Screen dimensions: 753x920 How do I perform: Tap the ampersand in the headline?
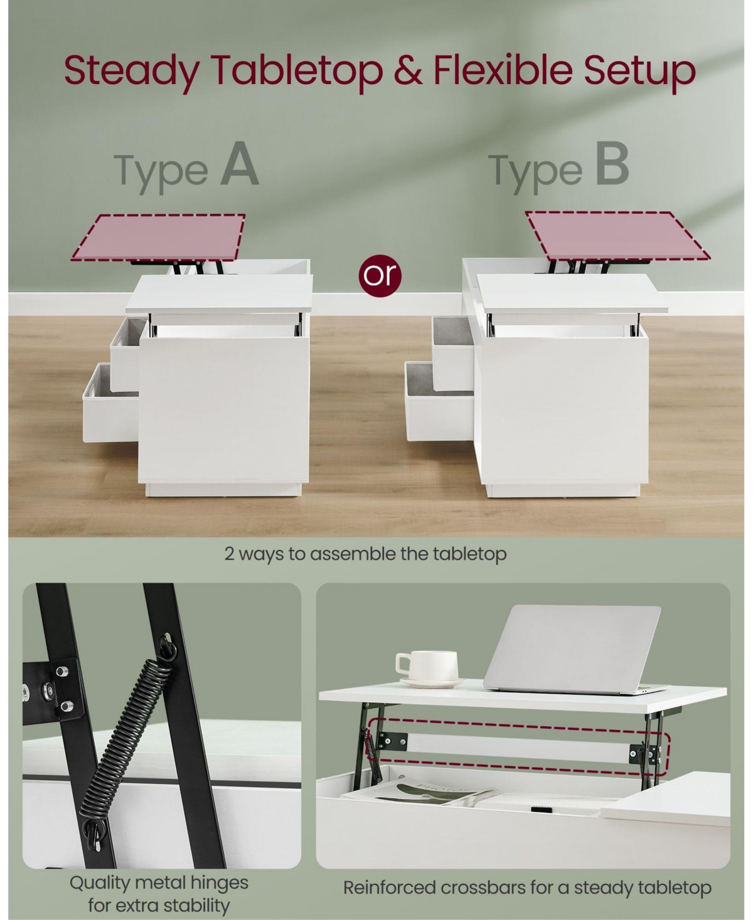point(408,70)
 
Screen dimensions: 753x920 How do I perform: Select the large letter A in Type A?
point(239,164)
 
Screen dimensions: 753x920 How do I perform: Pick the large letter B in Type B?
point(612,164)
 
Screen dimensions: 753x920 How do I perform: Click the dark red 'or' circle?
point(380,276)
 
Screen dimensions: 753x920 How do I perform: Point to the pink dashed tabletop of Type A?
point(158,238)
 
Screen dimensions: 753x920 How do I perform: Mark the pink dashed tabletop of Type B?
point(617,236)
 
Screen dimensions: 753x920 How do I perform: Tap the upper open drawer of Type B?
point(452,352)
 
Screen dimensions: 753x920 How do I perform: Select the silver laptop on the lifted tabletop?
point(576,650)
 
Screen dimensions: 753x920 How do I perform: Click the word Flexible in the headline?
point(503,70)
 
